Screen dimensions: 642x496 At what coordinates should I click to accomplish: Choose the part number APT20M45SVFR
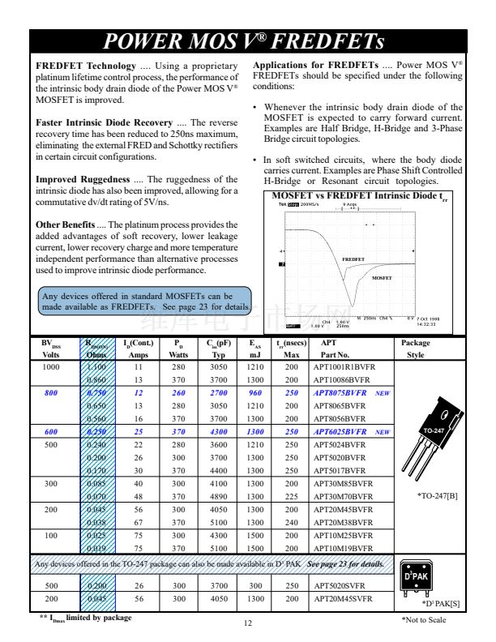pos(343,598)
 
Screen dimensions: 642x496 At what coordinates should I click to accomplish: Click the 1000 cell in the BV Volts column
pos(50,367)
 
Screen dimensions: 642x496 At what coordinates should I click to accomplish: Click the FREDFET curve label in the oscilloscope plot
pos(353,259)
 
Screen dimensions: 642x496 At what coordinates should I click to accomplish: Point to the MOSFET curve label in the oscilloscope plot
pos(382,278)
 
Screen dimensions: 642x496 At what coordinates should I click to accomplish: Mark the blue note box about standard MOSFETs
pos(145,302)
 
